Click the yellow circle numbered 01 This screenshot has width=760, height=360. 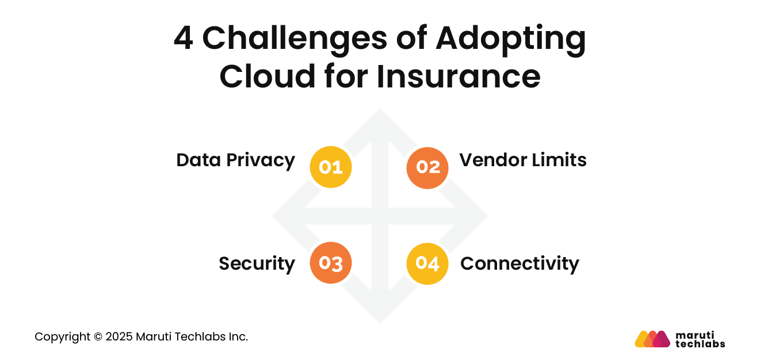pos(330,167)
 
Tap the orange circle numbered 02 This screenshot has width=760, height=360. pos(427,167)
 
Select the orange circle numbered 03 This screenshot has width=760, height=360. pos(330,263)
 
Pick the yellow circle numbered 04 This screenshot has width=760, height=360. pos(427,263)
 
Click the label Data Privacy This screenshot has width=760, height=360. pos(235,160)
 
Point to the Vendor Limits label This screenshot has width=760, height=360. pos(522,160)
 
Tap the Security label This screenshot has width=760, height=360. pos(257,263)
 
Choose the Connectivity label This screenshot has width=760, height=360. pos(520,263)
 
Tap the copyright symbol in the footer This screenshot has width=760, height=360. pos(98,337)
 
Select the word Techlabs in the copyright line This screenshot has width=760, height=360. pos(194,337)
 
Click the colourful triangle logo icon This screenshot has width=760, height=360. pos(652,339)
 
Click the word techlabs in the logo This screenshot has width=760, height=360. pos(700,344)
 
